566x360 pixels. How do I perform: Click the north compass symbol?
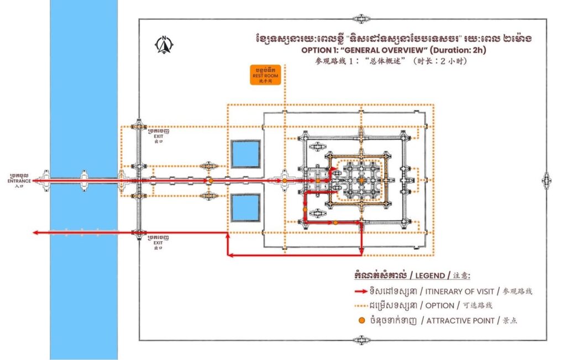pyautogui.click(x=164, y=44)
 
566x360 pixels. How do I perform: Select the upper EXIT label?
pyautogui.click(x=159, y=135)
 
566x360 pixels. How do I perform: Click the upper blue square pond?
pyautogui.click(x=245, y=154)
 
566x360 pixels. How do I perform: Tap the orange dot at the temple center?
pyautogui.click(x=360, y=180)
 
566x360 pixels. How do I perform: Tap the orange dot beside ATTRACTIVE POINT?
pyautogui.click(x=361, y=320)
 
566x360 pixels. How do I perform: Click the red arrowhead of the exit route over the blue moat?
pyautogui.click(x=35, y=233)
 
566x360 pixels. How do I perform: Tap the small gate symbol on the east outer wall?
pyautogui.click(x=546, y=180)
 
